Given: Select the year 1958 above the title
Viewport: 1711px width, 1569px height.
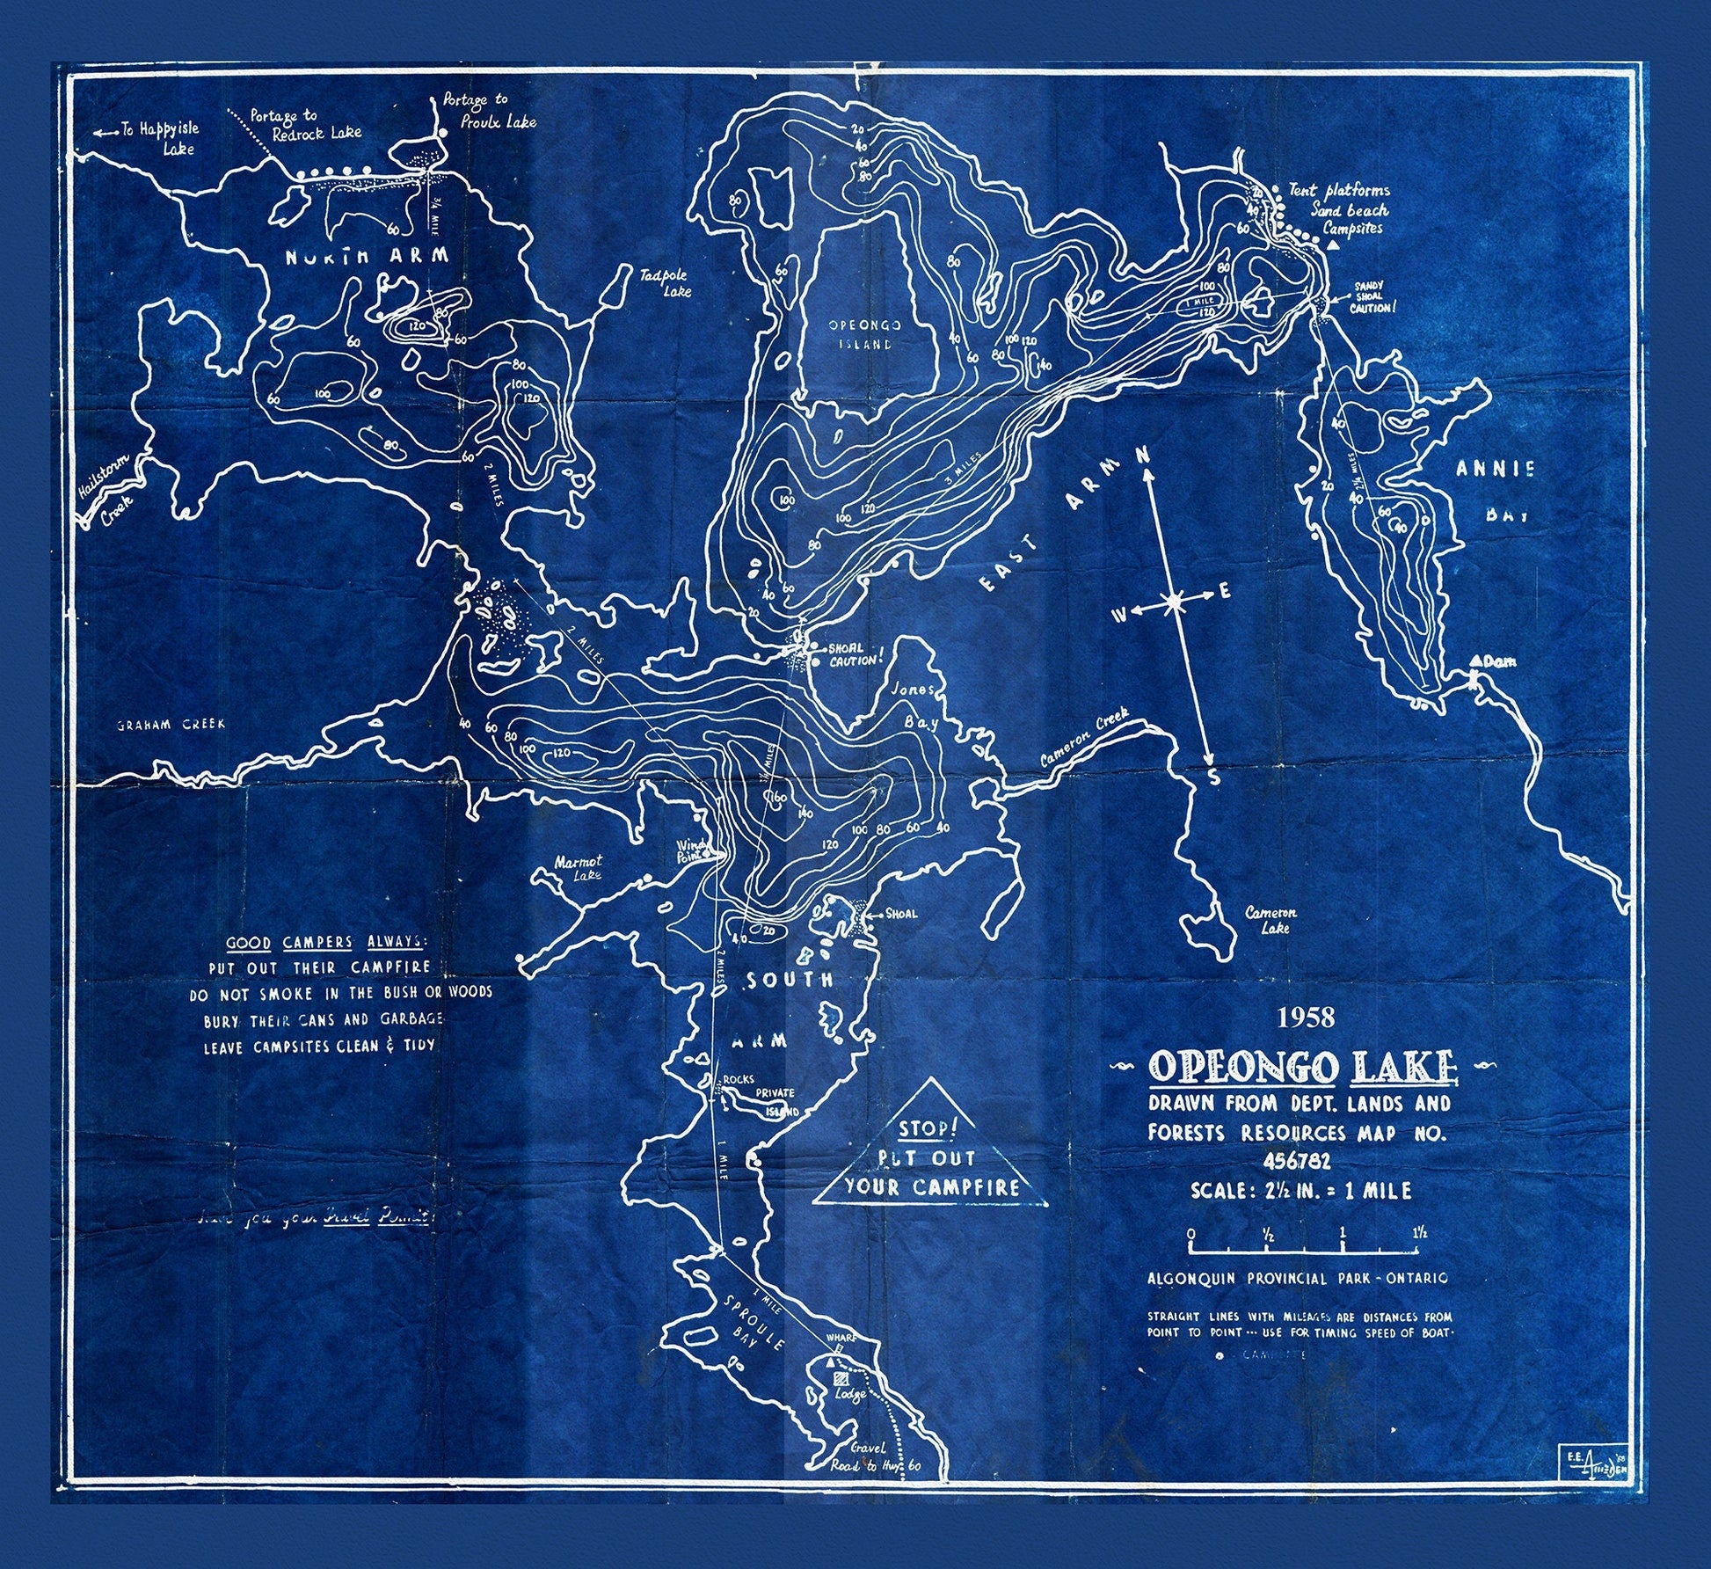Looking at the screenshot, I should click(1306, 1018).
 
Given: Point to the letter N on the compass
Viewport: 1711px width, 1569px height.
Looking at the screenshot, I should click(1143, 456).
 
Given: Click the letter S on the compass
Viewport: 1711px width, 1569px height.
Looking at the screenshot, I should click(1214, 777).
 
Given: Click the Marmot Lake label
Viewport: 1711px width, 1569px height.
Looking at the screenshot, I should click(578, 869).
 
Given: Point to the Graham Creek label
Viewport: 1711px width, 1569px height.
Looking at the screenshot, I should click(171, 725).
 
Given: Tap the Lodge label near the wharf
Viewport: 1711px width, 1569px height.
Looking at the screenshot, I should click(850, 1395).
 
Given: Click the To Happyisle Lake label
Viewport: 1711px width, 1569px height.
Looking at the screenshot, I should click(158, 137).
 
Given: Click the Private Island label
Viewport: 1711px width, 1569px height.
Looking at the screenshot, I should click(775, 1101).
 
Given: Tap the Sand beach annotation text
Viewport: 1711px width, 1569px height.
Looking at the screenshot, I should click(1350, 209).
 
